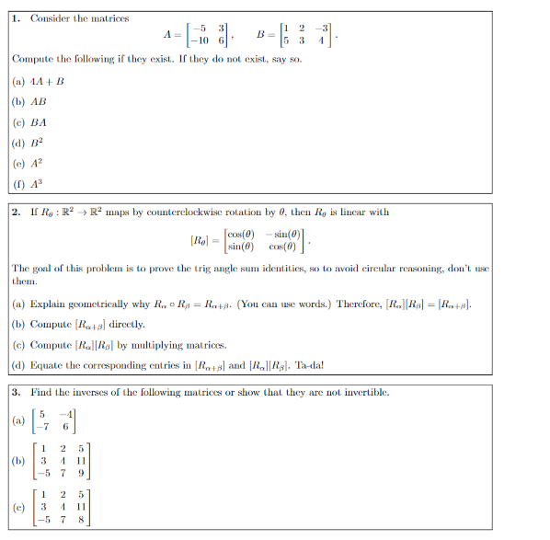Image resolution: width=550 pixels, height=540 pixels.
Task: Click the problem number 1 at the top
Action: [x=17, y=17]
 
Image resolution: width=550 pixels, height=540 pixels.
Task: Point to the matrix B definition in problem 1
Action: [x=296, y=36]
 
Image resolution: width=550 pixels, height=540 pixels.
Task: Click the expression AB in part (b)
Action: [x=39, y=101]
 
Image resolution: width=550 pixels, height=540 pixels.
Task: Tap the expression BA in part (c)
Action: [x=39, y=122]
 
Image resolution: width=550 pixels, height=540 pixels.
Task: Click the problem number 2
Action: [x=17, y=213]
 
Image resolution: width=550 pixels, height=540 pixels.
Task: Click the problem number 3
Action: [x=17, y=392]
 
